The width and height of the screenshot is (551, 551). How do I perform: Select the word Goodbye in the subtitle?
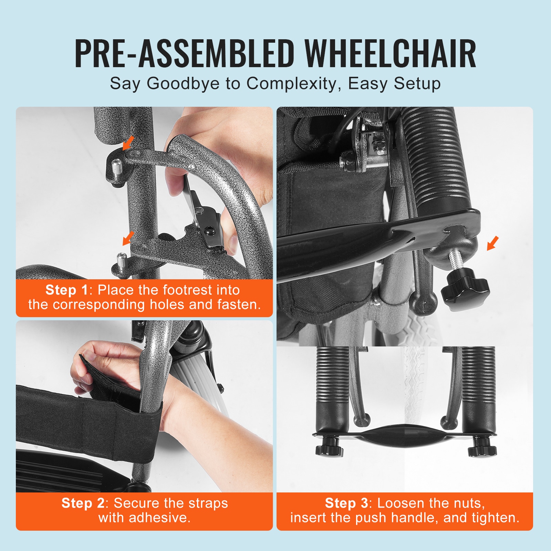coord(183,84)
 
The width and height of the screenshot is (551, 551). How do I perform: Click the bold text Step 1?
coord(67,290)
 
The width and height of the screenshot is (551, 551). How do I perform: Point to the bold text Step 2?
coord(83,503)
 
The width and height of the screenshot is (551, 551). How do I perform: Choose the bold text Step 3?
coord(346,503)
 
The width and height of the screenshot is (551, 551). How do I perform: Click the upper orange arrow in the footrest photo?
coord(128,142)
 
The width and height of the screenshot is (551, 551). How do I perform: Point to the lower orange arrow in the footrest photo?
coord(128,238)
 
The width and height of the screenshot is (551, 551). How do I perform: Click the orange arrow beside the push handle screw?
coord(493,243)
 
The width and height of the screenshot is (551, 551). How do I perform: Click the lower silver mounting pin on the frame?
coord(121,262)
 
